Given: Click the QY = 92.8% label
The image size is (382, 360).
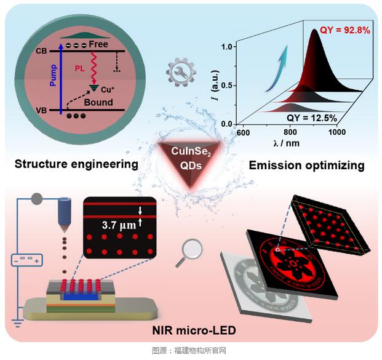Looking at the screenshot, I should point(343,30).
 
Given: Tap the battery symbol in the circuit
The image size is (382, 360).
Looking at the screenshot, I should point(24,260).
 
